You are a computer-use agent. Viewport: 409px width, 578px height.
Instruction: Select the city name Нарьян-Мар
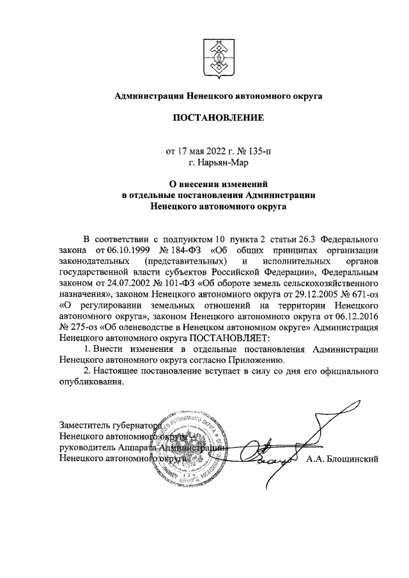[x=218, y=163]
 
